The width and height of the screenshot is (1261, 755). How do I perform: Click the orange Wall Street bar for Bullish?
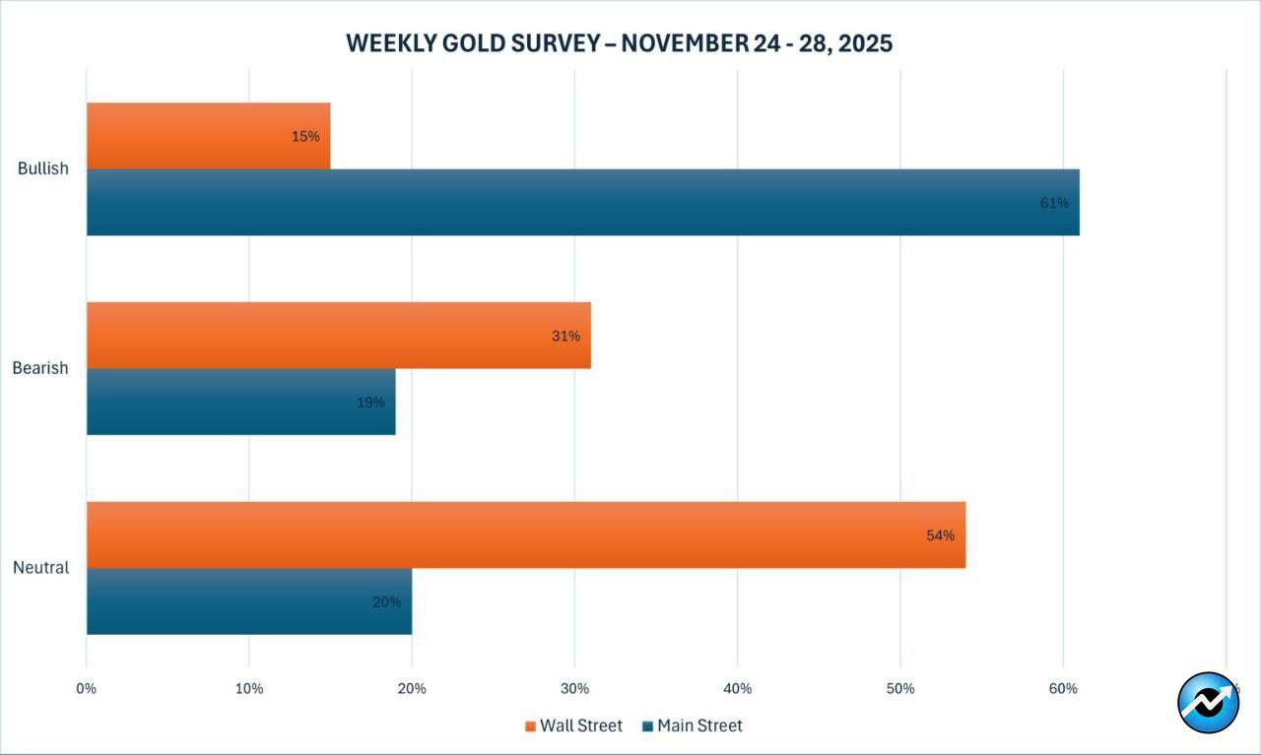[208, 136]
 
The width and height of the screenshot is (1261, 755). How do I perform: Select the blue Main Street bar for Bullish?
[582, 203]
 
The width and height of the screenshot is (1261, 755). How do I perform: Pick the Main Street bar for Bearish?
[240, 402]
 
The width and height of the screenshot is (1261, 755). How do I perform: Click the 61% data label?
[1053, 203]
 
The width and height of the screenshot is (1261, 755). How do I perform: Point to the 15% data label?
[305, 137]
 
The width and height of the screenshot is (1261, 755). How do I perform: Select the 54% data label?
[940, 535]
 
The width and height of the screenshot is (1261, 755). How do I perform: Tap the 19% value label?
[370, 403]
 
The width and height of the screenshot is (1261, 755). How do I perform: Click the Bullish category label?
[43, 168]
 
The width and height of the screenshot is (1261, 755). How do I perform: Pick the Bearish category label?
[40, 368]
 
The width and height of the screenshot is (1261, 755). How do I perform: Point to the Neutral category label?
[40, 568]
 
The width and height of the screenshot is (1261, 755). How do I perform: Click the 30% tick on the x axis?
[574, 689]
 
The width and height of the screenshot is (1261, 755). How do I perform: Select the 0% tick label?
[87, 689]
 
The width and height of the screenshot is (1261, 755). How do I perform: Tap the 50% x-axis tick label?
[900, 689]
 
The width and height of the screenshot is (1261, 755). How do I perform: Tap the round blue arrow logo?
[1208, 703]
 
